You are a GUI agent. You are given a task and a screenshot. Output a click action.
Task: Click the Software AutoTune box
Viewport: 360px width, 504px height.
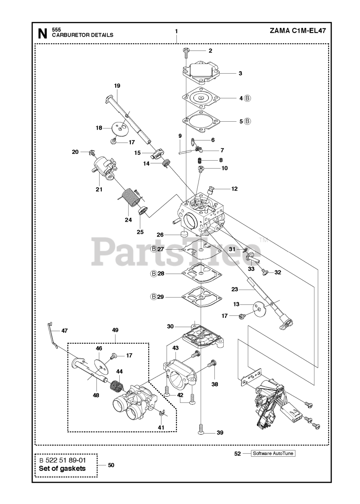(x=273, y=454)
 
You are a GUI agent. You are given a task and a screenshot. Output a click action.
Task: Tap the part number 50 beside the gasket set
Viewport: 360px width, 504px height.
(x=111, y=465)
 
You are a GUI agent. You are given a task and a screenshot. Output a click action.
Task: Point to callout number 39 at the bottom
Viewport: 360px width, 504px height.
(x=220, y=433)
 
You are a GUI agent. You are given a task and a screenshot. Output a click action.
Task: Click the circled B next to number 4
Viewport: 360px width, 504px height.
(x=247, y=98)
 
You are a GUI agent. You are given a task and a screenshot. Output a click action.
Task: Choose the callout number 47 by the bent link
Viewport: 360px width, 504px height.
(x=64, y=331)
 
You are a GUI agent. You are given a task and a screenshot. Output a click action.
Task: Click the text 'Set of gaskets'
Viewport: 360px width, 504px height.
(x=62, y=469)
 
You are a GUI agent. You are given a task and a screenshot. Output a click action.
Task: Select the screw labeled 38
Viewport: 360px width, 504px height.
(x=213, y=364)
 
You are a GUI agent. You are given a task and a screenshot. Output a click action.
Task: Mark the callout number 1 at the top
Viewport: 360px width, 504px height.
(x=176, y=31)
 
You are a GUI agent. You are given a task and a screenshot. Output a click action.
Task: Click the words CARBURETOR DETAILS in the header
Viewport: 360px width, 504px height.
(x=83, y=35)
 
